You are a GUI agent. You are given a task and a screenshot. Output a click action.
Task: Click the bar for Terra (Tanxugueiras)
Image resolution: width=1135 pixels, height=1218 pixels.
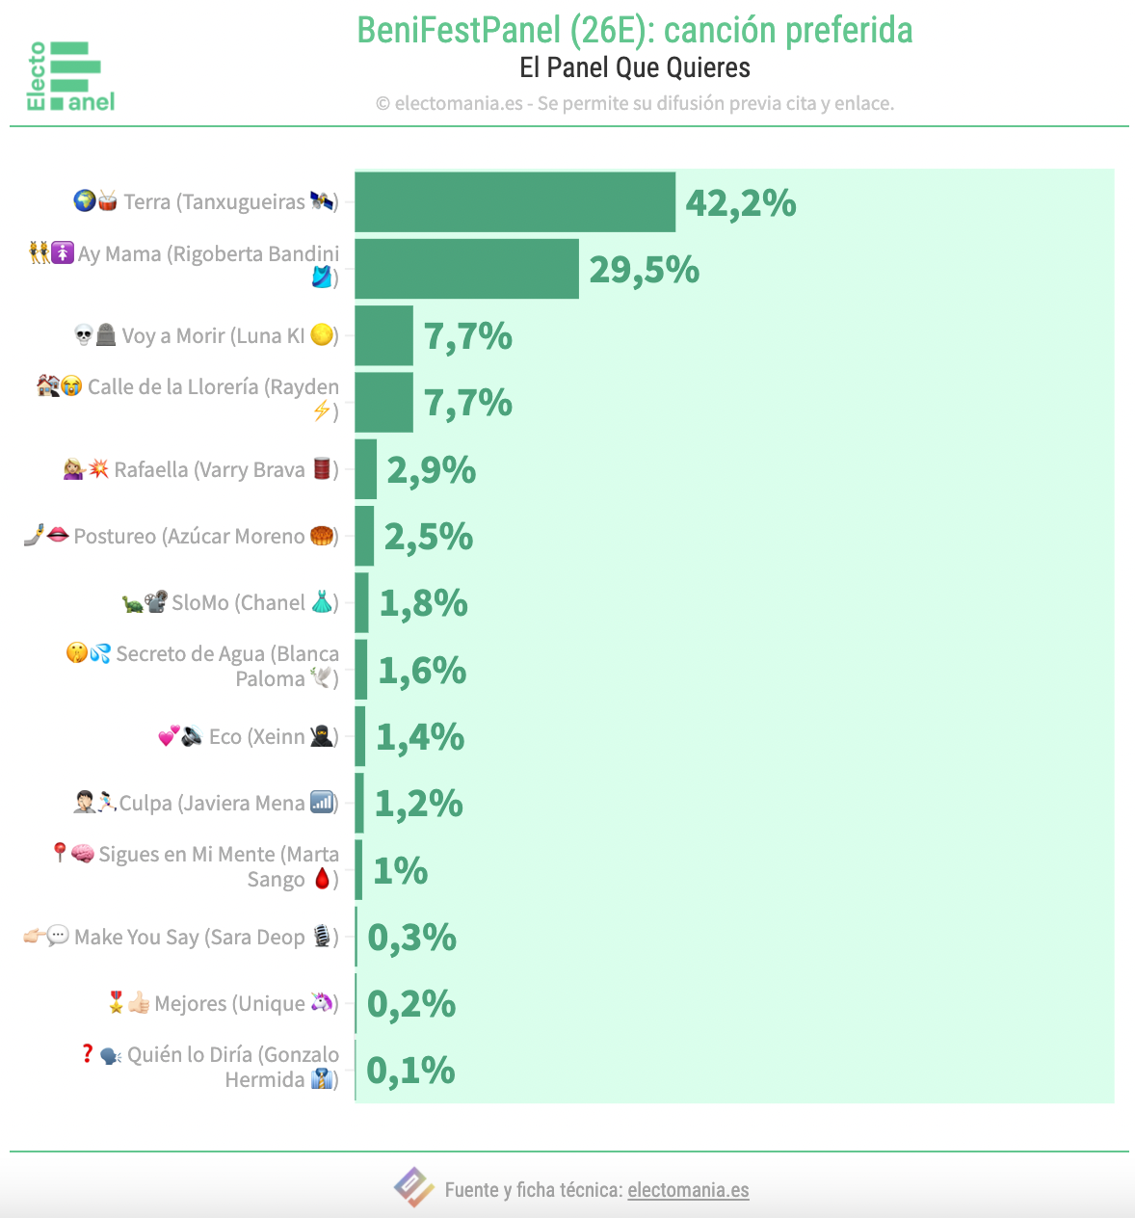pyautogui.click(x=515, y=202)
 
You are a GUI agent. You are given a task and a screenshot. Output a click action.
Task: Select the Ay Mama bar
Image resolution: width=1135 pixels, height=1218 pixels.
pyautogui.click(x=466, y=269)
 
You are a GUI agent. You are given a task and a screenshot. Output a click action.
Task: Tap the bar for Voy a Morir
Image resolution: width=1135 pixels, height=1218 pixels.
pyautogui.click(x=383, y=336)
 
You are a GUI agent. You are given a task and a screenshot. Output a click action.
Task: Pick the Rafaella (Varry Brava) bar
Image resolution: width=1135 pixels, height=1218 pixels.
pyautogui.click(x=366, y=469)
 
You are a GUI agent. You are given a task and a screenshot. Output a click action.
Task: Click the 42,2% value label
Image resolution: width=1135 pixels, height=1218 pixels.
pyautogui.click(x=740, y=203)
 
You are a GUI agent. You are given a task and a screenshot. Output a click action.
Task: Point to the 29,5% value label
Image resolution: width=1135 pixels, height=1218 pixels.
pyautogui.click(x=644, y=270)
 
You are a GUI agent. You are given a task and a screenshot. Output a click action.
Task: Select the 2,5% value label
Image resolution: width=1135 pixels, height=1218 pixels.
pyautogui.click(x=428, y=537)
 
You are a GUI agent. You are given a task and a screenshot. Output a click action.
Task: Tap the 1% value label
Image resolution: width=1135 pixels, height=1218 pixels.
pyautogui.click(x=400, y=871)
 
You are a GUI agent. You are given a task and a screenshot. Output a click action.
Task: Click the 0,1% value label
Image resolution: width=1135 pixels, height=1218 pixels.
pyautogui.click(x=410, y=1071)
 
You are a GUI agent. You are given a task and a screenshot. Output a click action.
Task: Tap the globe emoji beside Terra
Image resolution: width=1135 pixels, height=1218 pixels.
pyautogui.click(x=84, y=201)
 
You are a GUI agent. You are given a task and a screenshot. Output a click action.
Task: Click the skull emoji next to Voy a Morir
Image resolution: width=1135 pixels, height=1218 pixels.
pyautogui.click(x=84, y=335)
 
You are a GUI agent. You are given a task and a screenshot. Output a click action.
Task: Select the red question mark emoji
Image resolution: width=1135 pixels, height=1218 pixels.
pyautogui.click(x=88, y=1054)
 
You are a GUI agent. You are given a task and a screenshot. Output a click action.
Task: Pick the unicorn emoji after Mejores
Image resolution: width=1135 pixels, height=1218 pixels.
pyautogui.click(x=321, y=1003)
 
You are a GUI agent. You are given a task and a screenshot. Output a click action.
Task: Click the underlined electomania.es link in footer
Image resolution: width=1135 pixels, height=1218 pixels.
pyautogui.click(x=688, y=1190)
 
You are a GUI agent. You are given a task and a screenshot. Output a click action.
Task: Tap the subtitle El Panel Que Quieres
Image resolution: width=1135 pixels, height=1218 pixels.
pyautogui.click(x=634, y=68)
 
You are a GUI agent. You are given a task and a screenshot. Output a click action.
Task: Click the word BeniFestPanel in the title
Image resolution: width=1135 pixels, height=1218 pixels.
pyautogui.click(x=459, y=31)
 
